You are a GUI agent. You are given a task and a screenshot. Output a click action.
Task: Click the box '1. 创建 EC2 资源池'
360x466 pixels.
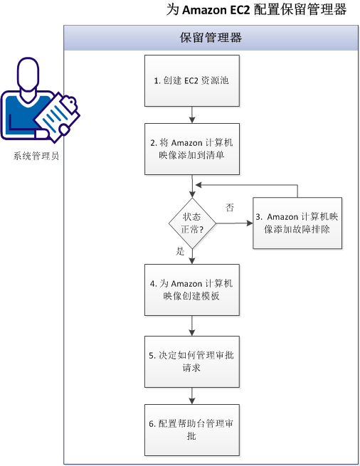click(191, 80)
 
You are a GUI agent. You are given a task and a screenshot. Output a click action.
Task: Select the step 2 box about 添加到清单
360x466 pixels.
click(191, 148)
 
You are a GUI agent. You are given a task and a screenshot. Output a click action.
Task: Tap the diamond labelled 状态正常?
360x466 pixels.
click(192, 223)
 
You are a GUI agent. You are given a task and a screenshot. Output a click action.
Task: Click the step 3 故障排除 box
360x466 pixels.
click(297, 223)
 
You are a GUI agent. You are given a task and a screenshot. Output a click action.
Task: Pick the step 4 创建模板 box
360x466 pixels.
click(191, 289)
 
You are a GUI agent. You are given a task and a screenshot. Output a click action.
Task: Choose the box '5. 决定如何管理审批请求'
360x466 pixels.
click(191, 361)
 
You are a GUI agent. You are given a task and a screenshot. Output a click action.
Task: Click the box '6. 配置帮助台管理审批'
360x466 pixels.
click(191, 430)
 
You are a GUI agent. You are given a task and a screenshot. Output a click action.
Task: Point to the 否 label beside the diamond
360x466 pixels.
click(230, 207)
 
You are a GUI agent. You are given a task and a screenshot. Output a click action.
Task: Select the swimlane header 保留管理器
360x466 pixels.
click(211, 38)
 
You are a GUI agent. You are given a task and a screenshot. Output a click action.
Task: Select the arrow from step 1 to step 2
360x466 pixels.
click(192, 114)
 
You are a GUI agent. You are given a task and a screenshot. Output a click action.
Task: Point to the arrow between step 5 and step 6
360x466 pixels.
click(192, 396)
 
